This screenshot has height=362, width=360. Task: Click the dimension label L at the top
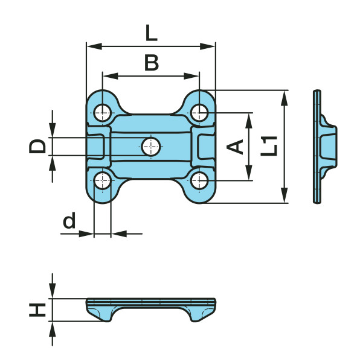pyautogui.click(x=152, y=33)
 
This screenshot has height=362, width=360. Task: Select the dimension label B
pyautogui.click(x=152, y=63)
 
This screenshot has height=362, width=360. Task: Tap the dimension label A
pyautogui.click(x=235, y=147)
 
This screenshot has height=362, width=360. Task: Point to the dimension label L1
pyautogui.click(x=269, y=146)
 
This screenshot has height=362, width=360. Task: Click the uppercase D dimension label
pyautogui.click(x=37, y=147)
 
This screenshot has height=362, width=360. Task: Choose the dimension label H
pyautogui.click(x=37, y=310)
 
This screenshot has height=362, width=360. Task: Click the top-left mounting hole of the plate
pyautogui.click(x=103, y=113)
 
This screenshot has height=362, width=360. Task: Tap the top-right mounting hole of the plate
pyautogui.click(x=199, y=113)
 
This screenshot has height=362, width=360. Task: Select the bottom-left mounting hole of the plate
pyautogui.click(x=103, y=180)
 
